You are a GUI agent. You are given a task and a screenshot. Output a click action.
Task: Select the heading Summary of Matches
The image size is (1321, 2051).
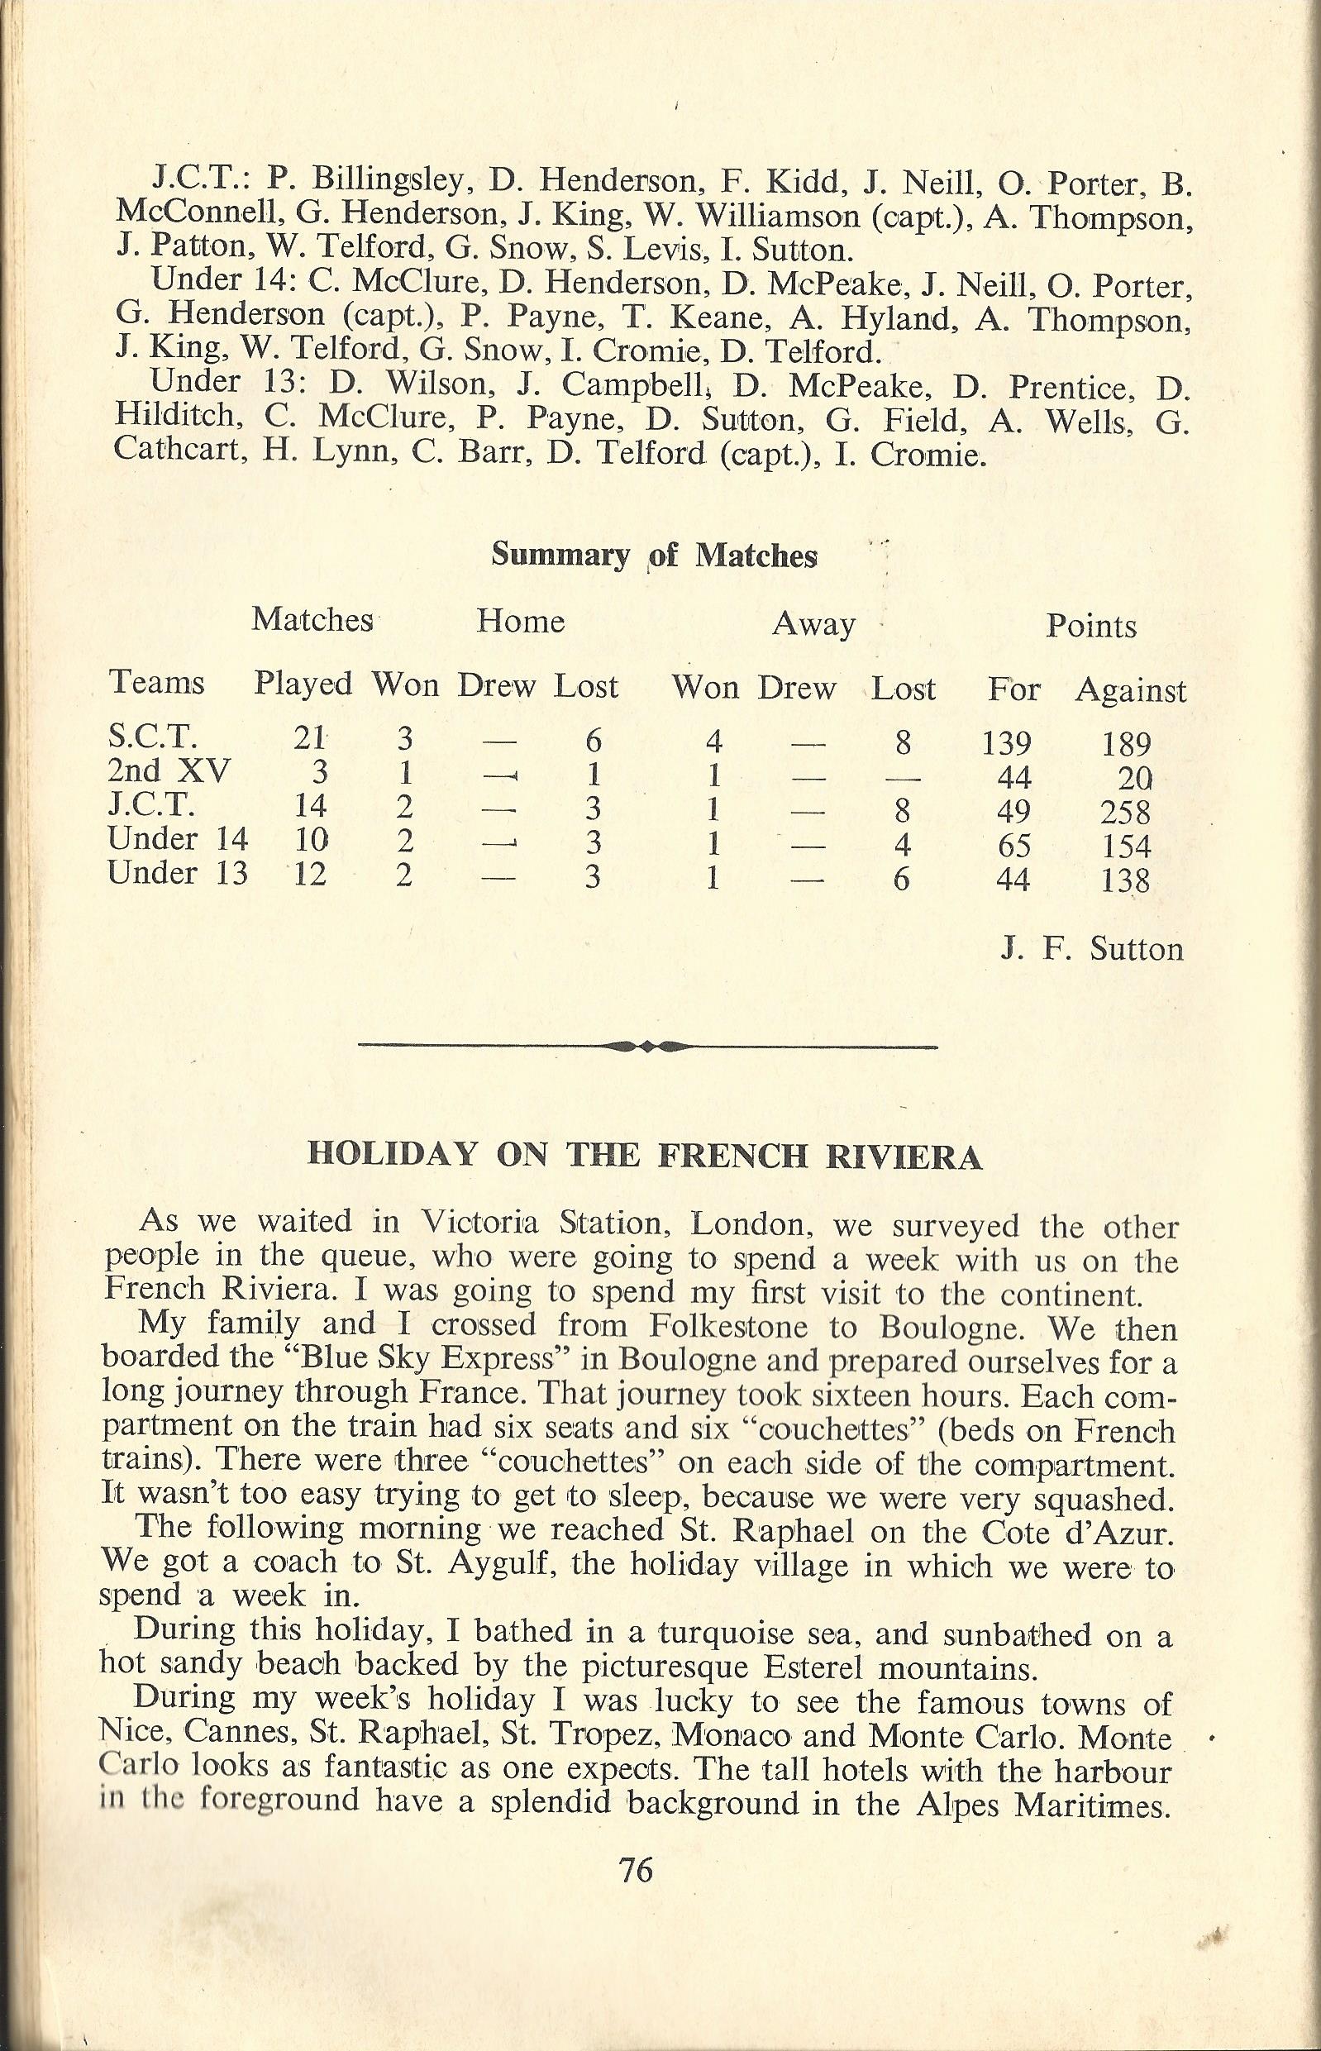point(654,556)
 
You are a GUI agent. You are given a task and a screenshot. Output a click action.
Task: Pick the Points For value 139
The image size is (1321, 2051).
point(1008,743)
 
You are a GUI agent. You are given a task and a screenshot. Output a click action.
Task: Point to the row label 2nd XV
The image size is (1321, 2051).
point(169,772)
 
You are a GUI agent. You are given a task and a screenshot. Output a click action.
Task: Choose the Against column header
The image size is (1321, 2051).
point(1131,689)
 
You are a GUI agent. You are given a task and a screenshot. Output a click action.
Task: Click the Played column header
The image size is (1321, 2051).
point(303,684)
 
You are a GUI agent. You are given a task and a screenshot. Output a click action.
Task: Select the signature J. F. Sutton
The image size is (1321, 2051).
point(1092,949)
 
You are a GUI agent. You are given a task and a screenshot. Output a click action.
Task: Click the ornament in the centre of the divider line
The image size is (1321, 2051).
point(647,1046)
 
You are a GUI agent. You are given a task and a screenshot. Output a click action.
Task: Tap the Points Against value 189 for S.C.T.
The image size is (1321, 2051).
point(1125,744)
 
